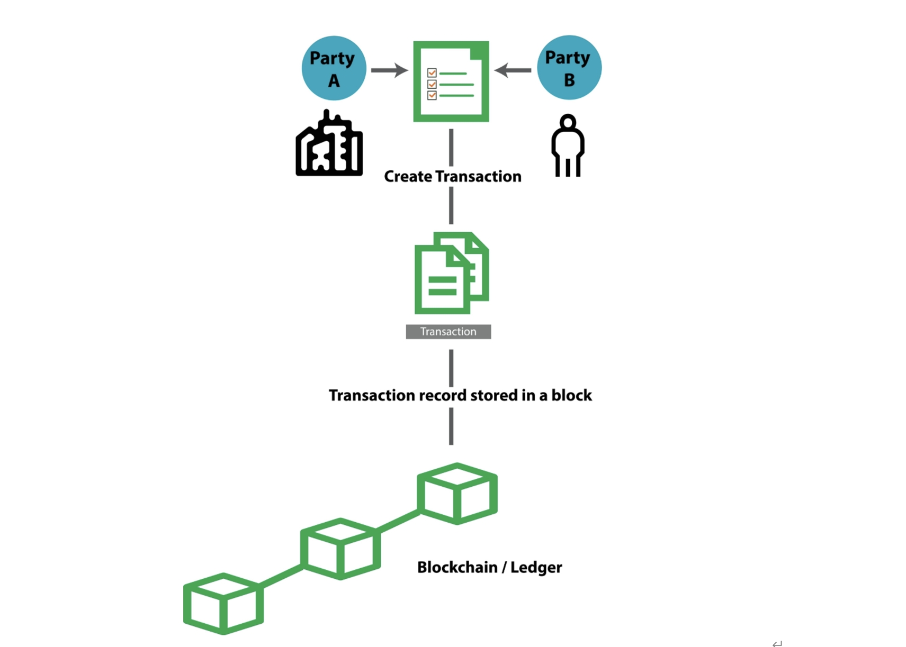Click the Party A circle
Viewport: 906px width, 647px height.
tap(334, 68)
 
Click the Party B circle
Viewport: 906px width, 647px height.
tap(569, 68)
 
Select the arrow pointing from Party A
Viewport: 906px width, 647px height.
tap(389, 70)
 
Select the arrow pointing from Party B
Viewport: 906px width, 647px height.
tap(513, 70)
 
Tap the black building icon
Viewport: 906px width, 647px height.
tap(329, 144)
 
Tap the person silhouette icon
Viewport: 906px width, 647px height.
tap(568, 145)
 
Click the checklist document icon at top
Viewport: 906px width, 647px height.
tap(451, 81)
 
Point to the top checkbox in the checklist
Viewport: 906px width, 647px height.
tap(432, 73)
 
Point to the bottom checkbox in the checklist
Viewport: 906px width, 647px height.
tap(432, 95)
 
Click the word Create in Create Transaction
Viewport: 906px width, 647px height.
tap(408, 177)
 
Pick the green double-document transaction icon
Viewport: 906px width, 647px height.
tap(451, 273)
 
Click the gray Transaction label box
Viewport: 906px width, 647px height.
tap(448, 332)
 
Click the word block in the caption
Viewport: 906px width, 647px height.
tap(571, 396)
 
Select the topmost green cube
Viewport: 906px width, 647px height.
tap(457, 494)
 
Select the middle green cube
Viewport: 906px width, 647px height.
tap(340, 549)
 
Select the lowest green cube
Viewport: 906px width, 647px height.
tap(223, 604)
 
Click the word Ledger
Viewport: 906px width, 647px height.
tap(536, 568)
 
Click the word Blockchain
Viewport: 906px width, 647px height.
tap(457, 568)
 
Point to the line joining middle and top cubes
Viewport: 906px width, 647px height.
tap(398, 521)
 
